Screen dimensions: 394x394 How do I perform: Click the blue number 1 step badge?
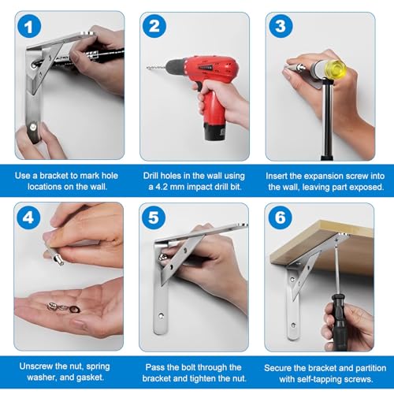(29, 26)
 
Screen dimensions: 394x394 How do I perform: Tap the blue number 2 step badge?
(154, 26)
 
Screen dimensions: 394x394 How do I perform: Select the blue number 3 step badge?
(281, 26)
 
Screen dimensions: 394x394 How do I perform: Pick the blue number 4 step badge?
(28, 217)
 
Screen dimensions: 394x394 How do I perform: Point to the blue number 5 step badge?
(154, 217)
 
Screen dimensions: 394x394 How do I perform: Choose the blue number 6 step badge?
(281, 217)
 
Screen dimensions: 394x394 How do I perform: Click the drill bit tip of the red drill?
(147, 68)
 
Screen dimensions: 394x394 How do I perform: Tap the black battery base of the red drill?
(215, 132)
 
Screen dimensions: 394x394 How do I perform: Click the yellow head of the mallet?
(336, 69)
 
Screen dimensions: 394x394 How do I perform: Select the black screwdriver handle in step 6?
(339, 322)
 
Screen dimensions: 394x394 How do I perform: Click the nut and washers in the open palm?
(64, 307)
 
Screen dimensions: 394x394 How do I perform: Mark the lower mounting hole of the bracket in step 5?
(162, 315)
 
